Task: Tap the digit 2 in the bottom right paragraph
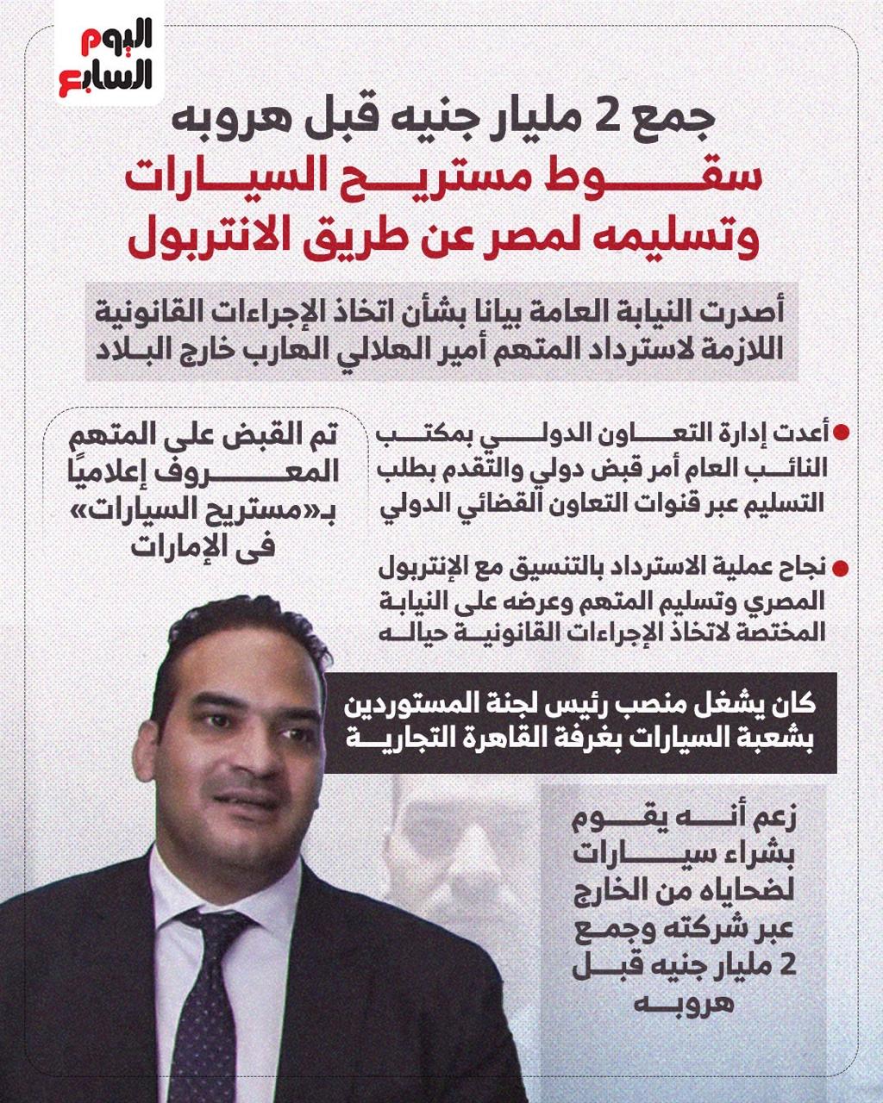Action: pyautogui.click(x=786, y=967)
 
